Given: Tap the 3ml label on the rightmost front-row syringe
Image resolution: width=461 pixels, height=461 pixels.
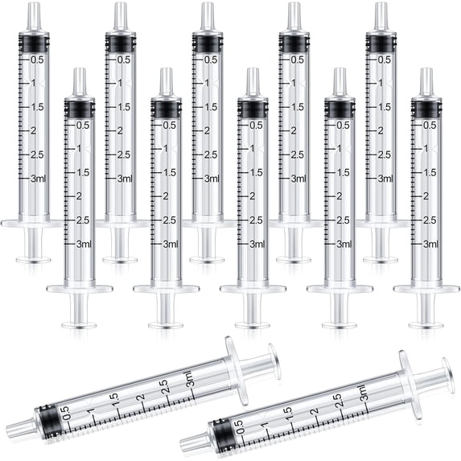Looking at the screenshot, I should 429,244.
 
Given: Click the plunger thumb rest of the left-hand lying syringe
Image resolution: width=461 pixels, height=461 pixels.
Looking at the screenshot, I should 274,361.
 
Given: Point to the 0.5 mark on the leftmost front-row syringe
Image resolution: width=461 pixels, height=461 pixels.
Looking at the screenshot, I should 82,125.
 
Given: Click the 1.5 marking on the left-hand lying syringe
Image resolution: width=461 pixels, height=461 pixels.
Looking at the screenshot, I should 114,397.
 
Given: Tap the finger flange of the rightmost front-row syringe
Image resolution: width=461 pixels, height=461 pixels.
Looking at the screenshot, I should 426,288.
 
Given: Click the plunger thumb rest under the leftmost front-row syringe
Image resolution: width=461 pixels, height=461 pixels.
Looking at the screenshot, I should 79,325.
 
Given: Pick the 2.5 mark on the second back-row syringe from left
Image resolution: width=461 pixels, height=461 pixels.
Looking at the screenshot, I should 123,154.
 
